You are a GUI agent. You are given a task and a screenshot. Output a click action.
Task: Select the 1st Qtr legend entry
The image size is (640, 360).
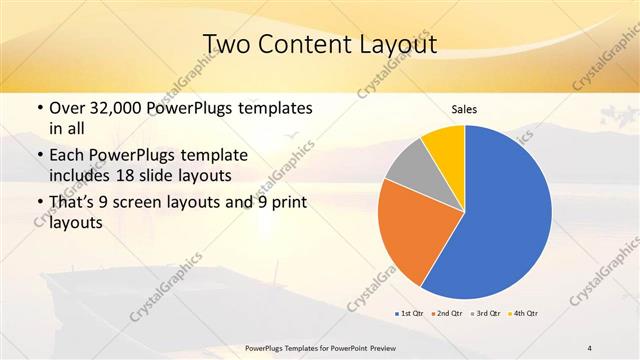coord(411,314)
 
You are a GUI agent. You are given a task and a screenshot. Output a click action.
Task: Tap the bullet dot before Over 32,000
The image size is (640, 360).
coord(37,107)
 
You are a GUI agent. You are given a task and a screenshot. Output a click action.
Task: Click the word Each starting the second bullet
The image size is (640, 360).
coord(67,156)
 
